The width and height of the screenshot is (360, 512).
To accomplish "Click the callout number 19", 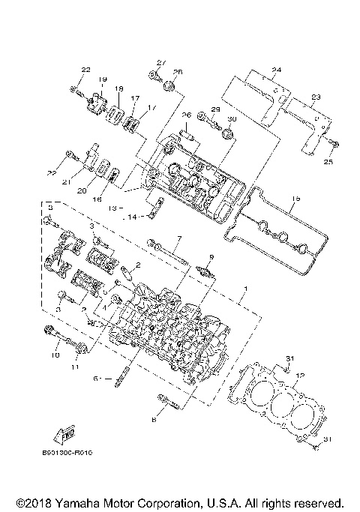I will tap(101, 79).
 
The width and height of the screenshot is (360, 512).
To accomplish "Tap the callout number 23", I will tap(316, 97).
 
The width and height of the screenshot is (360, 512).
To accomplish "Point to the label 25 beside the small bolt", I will tap(328, 160).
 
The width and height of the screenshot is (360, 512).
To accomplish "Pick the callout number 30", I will tap(232, 120).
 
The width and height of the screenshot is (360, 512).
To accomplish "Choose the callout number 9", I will tap(201, 257).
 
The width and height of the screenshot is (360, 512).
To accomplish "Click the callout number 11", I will tap(74, 367).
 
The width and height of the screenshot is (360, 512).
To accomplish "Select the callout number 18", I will tap(118, 89).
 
